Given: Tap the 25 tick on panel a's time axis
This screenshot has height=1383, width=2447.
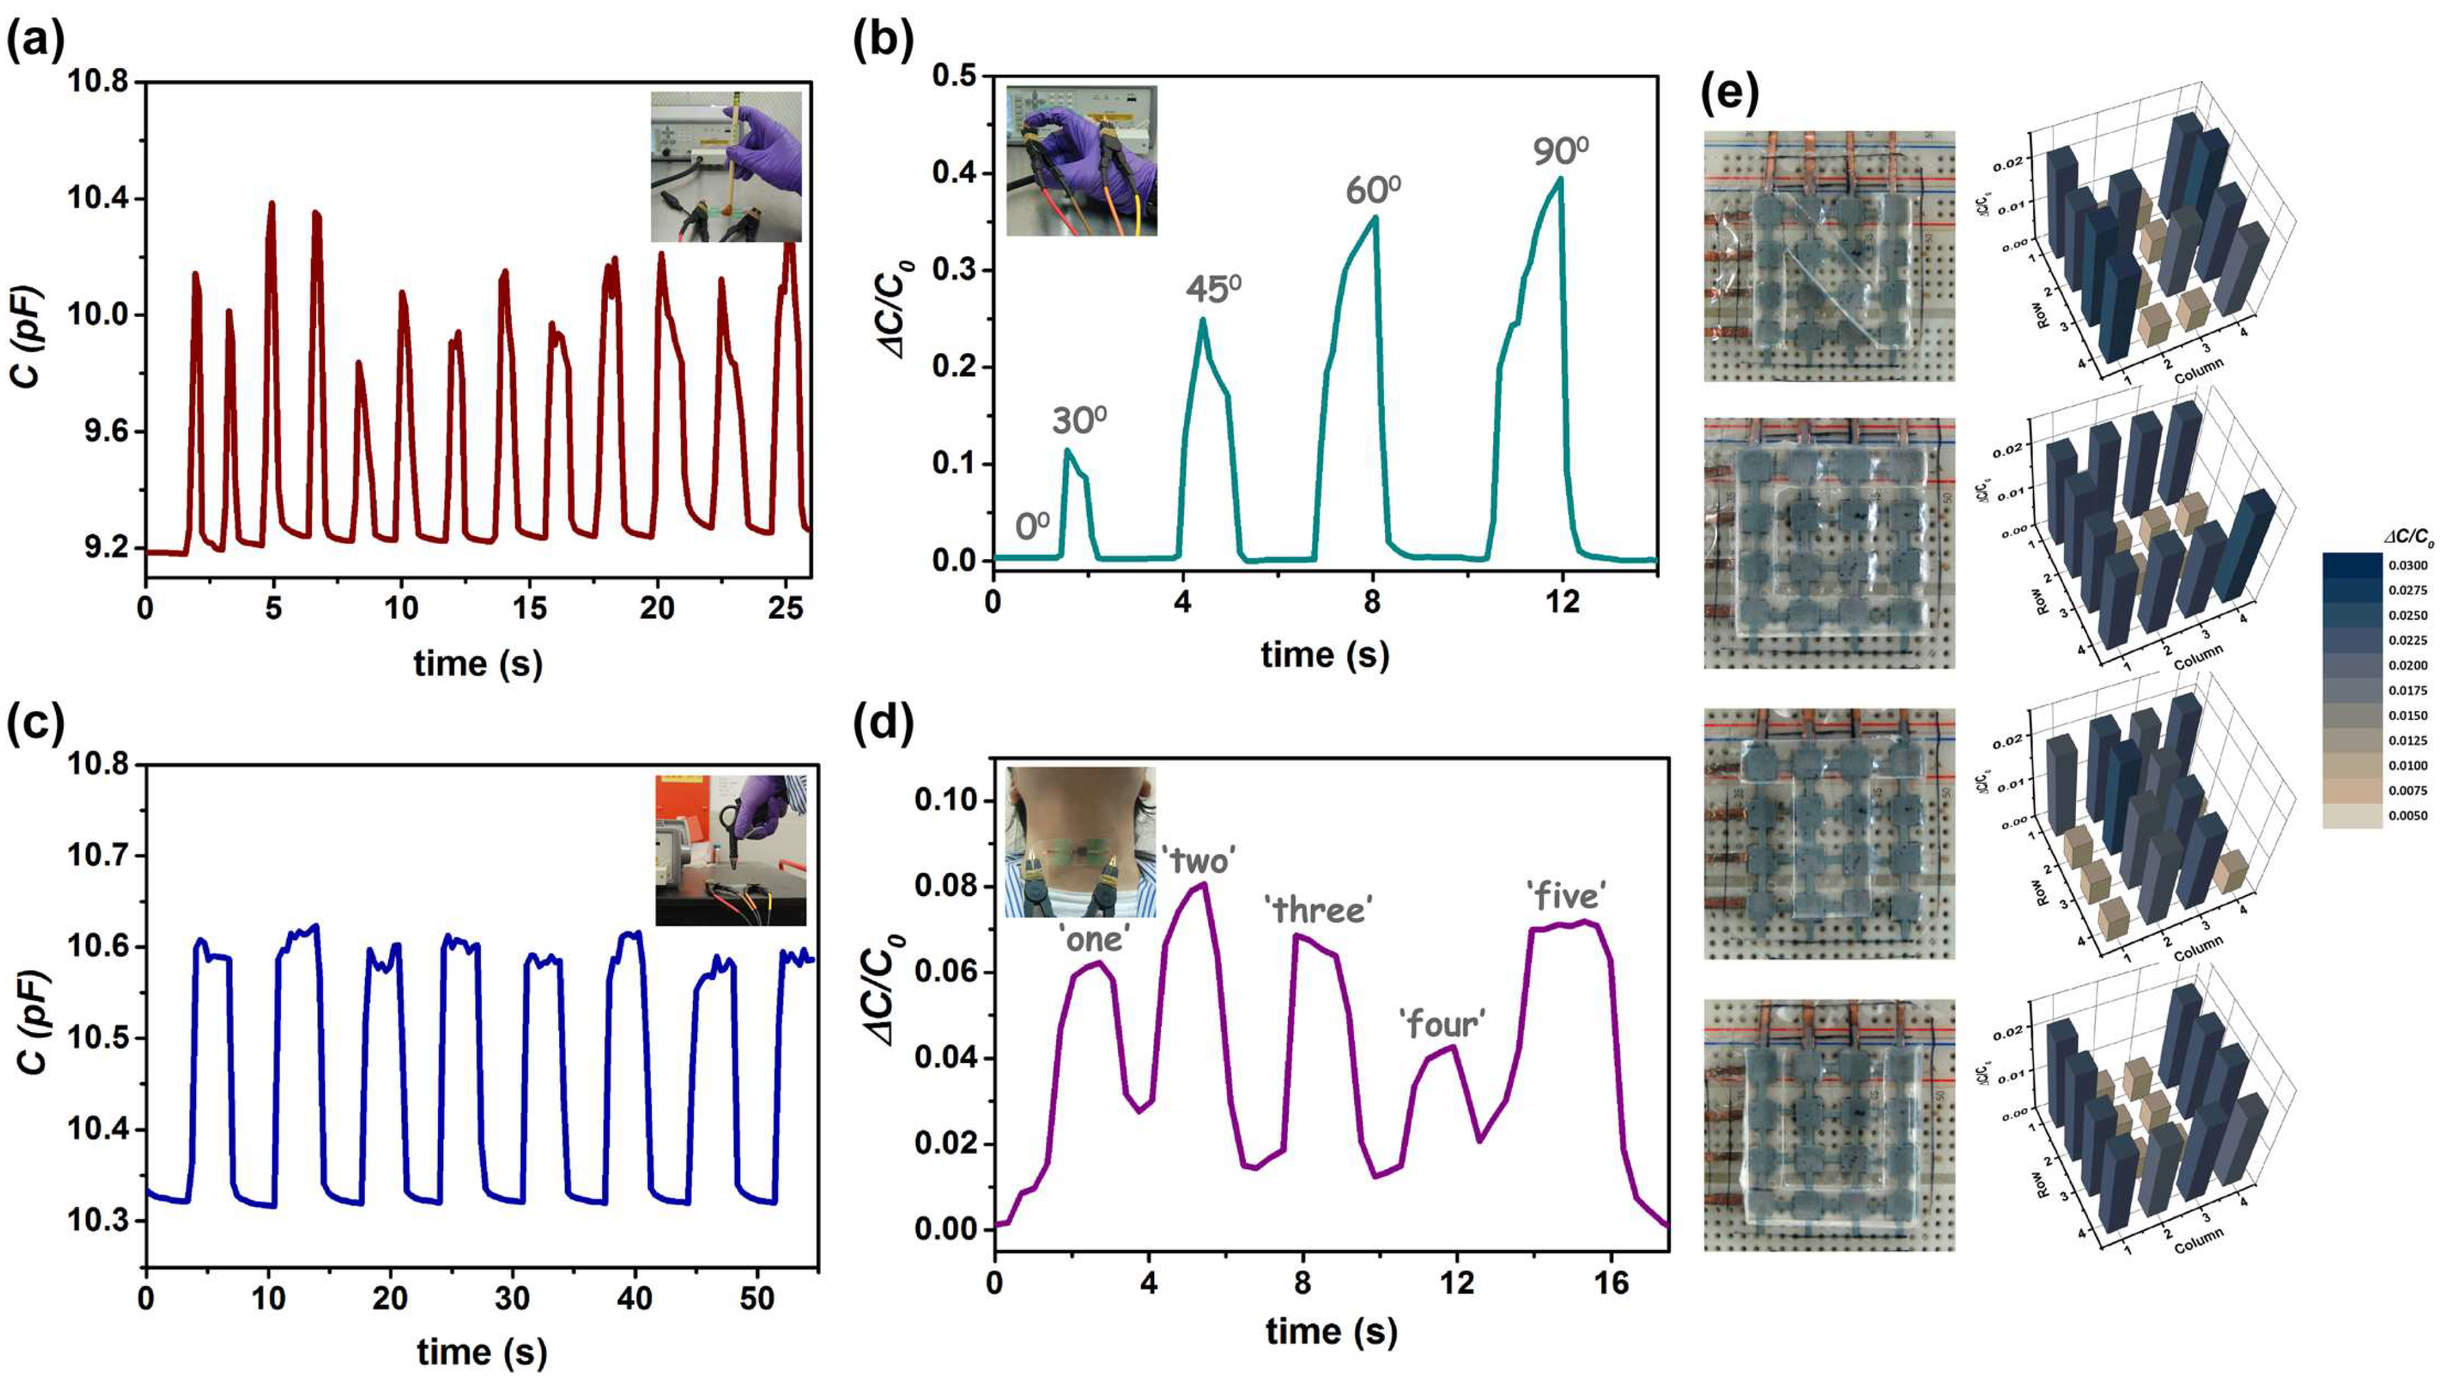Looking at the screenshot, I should click(786, 608).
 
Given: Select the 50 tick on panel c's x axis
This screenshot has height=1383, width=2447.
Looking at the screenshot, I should click(757, 1297).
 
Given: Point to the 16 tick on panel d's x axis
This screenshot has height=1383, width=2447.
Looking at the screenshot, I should click(1611, 1284).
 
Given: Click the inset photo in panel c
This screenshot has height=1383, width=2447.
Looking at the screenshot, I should click(730, 850).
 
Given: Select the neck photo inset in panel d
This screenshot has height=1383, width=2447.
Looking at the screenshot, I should click(1080, 841).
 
